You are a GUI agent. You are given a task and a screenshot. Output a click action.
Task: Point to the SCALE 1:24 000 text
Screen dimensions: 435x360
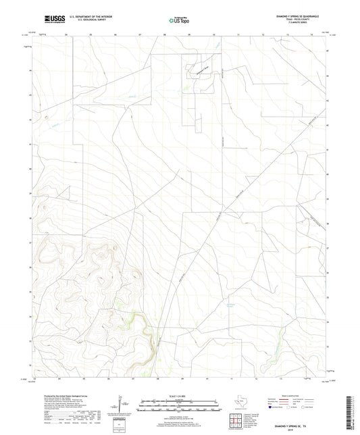(180, 396)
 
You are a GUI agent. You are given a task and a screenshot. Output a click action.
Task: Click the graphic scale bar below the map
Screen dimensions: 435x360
(180, 403)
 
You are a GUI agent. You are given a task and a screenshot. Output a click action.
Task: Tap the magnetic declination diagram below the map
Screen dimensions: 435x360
(122, 405)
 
